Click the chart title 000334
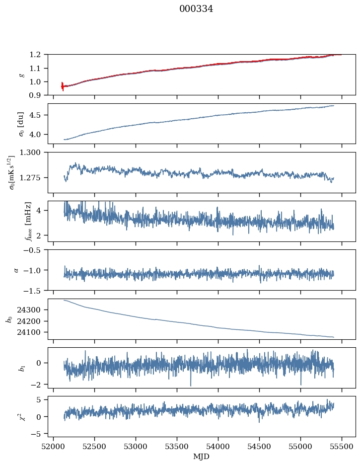(x=196, y=9)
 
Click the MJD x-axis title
(x=202, y=457)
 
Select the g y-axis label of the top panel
(x=21, y=75)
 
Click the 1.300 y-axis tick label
(x=33, y=153)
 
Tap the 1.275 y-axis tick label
(x=33, y=177)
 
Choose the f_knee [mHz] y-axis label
(x=28, y=221)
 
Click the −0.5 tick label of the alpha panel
(x=34, y=250)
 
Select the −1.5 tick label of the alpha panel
(x=34, y=290)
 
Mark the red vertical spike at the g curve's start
(x=63, y=86)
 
